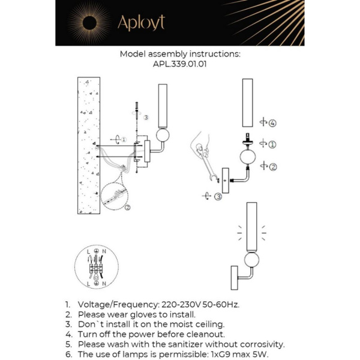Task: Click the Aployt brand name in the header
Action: pyautogui.click(x=140, y=23)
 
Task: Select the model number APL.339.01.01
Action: pyautogui.click(x=180, y=65)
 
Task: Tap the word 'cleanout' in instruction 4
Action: pyautogui.click(x=204, y=334)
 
